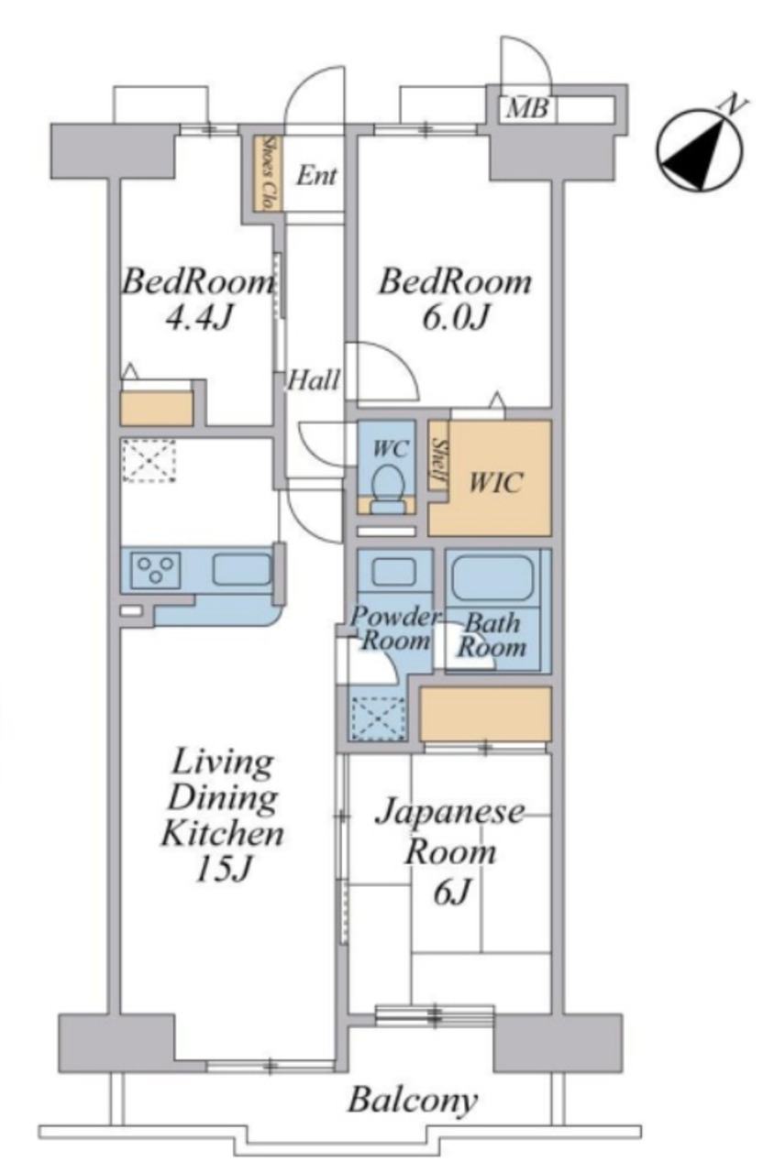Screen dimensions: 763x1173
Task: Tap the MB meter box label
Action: click(527, 109)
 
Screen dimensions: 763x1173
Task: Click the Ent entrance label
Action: click(316, 175)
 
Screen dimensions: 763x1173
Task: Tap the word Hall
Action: click(314, 379)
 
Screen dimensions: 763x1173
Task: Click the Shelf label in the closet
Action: click(437, 460)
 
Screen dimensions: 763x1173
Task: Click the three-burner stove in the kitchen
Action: click(156, 569)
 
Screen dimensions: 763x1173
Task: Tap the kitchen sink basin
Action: click(241, 569)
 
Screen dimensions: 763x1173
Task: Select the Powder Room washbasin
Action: click(394, 571)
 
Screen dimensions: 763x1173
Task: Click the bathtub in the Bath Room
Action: click(492, 577)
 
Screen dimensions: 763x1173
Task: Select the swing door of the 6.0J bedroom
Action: click(383, 371)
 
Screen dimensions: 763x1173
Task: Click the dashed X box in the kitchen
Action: click(149, 461)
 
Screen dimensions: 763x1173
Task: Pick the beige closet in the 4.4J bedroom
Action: click(157, 408)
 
